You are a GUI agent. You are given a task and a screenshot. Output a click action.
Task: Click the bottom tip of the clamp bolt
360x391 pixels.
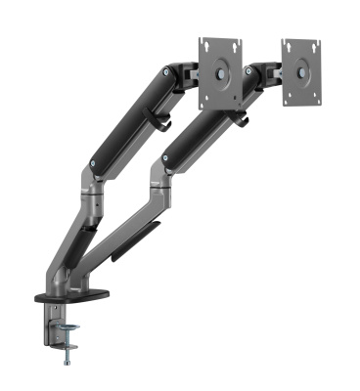(67, 364)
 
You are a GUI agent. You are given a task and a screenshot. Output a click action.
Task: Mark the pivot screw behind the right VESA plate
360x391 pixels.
(256, 73)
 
